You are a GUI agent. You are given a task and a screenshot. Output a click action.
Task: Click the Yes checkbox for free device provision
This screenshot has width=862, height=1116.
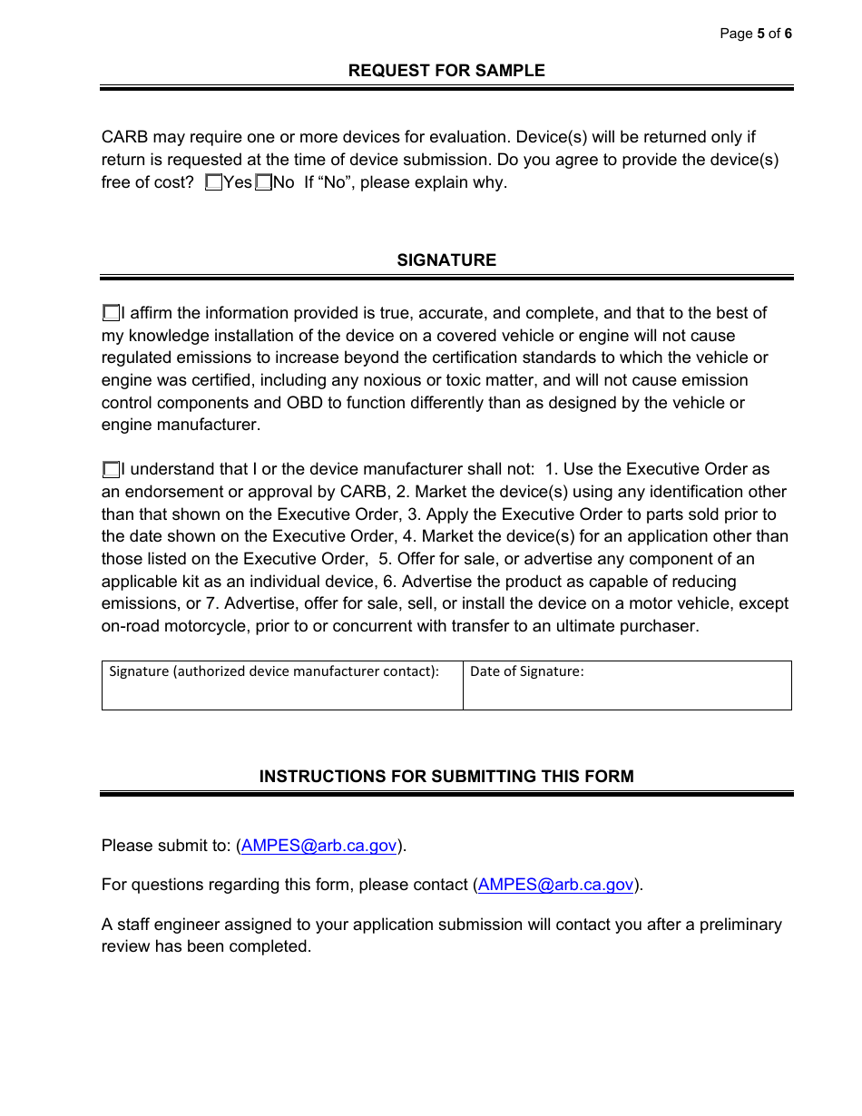tap(214, 182)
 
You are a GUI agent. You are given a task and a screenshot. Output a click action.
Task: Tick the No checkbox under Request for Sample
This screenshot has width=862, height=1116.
tap(263, 182)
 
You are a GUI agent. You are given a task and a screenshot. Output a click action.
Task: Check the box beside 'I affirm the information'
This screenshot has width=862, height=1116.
tap(111, 313)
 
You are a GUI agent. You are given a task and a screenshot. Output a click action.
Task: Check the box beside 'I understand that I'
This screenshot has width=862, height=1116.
tap(111, 469)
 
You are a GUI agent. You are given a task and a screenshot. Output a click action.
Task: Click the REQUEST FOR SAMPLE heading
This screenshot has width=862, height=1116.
tap(446, 71)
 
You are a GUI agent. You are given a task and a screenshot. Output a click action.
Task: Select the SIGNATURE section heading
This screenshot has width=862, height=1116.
tap(446, 260)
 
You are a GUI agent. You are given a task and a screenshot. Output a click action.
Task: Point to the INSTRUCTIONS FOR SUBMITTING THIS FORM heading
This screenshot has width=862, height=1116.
tap(446, 777)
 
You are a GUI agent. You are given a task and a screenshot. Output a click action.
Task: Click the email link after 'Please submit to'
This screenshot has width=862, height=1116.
tap(318, 846)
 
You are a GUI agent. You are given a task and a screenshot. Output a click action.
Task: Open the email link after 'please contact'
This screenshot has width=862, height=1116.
tap(555, 885)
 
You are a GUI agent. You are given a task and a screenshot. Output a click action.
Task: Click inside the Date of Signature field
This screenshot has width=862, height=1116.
tap(626, 691)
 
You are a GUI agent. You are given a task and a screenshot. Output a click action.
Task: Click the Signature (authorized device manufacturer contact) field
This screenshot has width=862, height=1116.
tap(281, 691)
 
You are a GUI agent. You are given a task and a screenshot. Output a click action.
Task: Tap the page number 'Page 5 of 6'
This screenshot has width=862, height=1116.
tap(755, 34)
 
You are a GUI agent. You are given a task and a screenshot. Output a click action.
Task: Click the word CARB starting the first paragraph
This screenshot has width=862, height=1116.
tap(124, 138)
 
